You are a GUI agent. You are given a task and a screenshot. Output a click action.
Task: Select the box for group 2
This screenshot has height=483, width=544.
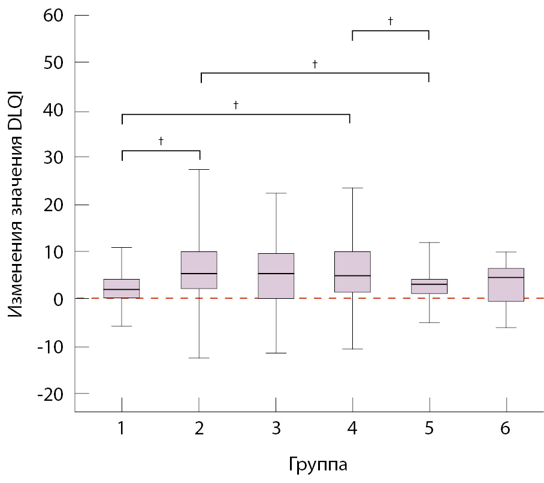(199, 270)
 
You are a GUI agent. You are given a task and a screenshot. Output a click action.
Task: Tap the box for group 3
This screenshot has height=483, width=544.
(276, 275)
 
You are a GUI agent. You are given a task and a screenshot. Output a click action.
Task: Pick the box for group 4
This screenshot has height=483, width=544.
(352, 272)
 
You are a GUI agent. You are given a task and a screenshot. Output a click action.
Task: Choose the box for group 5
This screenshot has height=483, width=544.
(429, 286)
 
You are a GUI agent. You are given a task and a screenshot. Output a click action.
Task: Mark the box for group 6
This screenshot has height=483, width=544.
(506, 284)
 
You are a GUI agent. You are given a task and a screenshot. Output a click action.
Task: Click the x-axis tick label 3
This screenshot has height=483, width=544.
(276, 429)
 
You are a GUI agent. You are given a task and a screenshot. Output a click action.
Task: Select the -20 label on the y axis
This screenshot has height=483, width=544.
(50, 394)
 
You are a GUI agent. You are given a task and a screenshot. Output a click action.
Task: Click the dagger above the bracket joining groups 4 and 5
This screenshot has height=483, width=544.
(391, 21)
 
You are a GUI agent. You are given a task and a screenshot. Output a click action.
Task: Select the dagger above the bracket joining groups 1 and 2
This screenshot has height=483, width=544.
(161, 141)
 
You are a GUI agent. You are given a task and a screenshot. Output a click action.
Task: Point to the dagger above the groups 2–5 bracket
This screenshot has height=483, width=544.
(315, 63)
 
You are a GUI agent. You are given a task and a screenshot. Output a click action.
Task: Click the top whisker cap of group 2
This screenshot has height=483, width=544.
(199, 170)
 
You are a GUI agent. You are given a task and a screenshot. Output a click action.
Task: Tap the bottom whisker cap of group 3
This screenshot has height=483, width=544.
(276, 353)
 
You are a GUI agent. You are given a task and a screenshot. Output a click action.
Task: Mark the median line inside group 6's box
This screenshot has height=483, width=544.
(506, 277)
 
